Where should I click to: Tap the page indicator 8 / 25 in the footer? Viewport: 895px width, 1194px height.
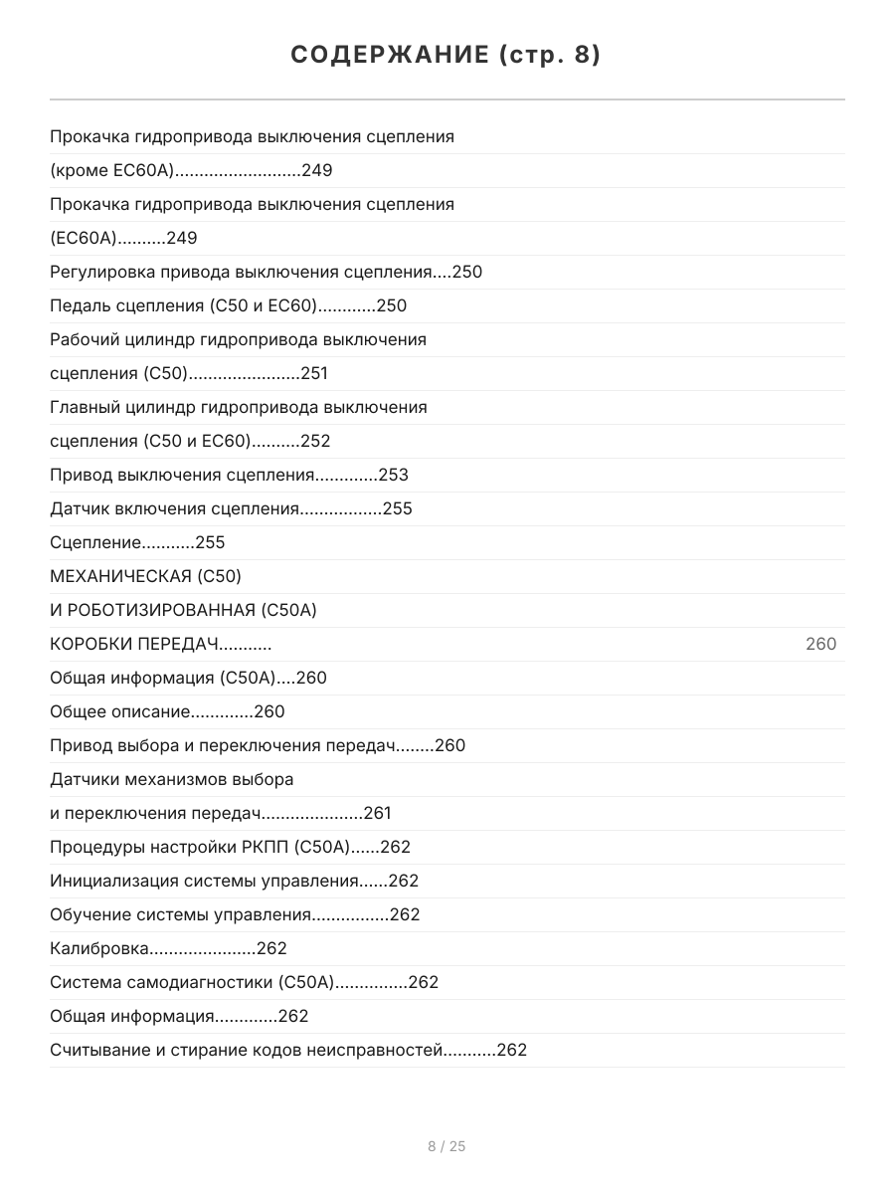click(x=447, y=1146)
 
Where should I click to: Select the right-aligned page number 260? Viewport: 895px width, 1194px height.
click(x=820, y=645)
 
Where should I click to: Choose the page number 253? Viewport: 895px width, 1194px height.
click(x=393, y=476)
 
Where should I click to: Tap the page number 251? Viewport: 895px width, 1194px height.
click(x=314, y=374)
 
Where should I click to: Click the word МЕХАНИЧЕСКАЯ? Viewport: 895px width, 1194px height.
click(x=120, y=577)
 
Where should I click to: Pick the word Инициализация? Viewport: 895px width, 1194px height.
click(x=113, y=882)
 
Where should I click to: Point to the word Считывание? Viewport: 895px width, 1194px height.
click(x=99, y=1051)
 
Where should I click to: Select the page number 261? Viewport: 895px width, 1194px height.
click(x=378, y=814)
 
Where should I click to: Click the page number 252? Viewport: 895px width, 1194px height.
click(x=315, y=442)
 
